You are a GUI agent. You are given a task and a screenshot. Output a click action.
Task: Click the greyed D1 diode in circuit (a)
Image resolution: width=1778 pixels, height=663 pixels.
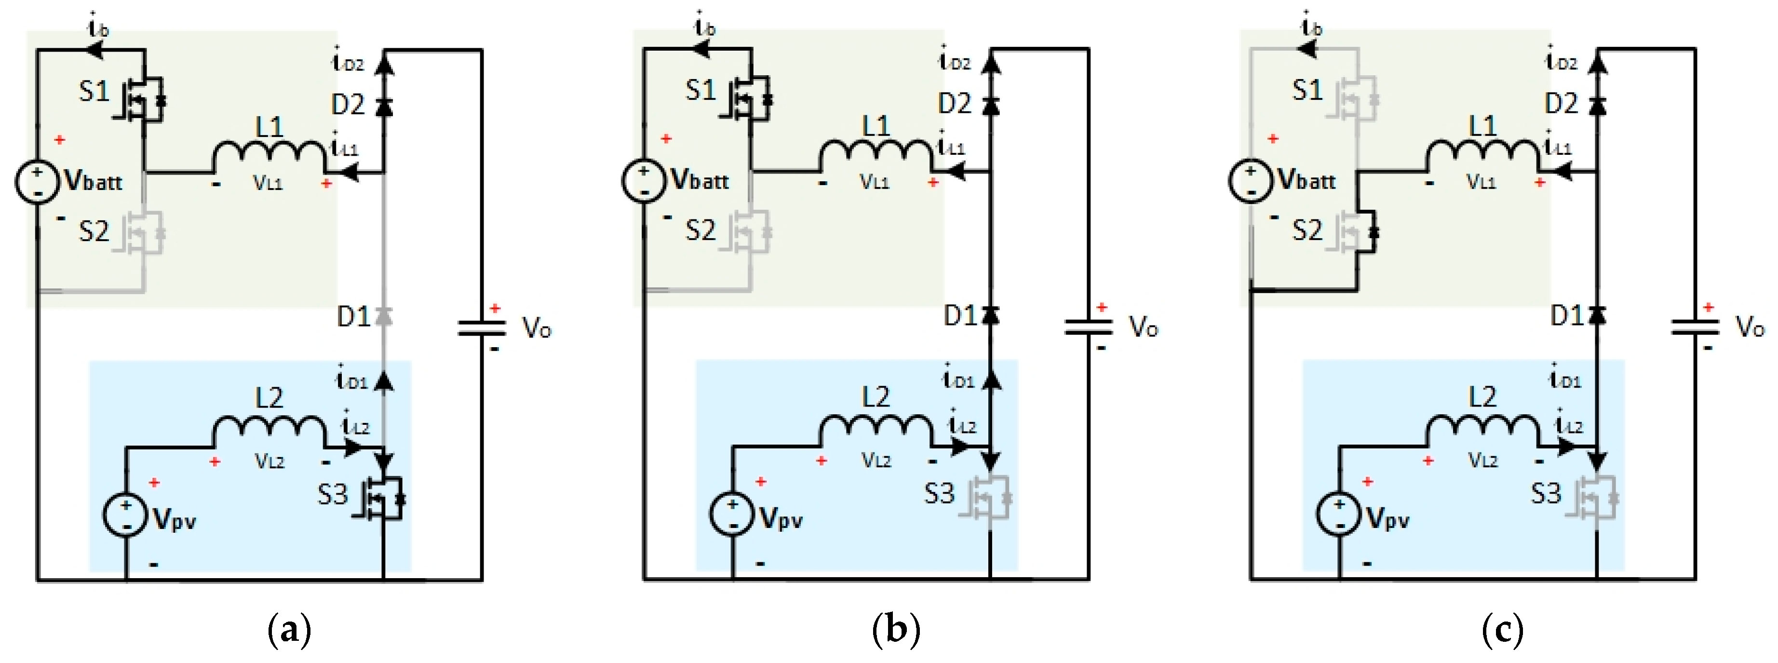384,316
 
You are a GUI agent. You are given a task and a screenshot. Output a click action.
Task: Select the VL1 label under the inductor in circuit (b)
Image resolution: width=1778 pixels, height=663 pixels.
875,182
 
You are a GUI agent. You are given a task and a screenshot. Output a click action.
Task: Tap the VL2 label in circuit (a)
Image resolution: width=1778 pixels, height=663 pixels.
269,460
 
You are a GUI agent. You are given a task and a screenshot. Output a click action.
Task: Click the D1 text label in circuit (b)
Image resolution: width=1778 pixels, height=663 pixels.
960,316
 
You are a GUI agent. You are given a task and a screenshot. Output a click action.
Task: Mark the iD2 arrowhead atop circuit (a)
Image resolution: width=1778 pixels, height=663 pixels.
384,64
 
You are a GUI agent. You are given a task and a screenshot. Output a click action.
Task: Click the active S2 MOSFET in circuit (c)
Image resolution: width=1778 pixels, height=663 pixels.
1358,232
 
